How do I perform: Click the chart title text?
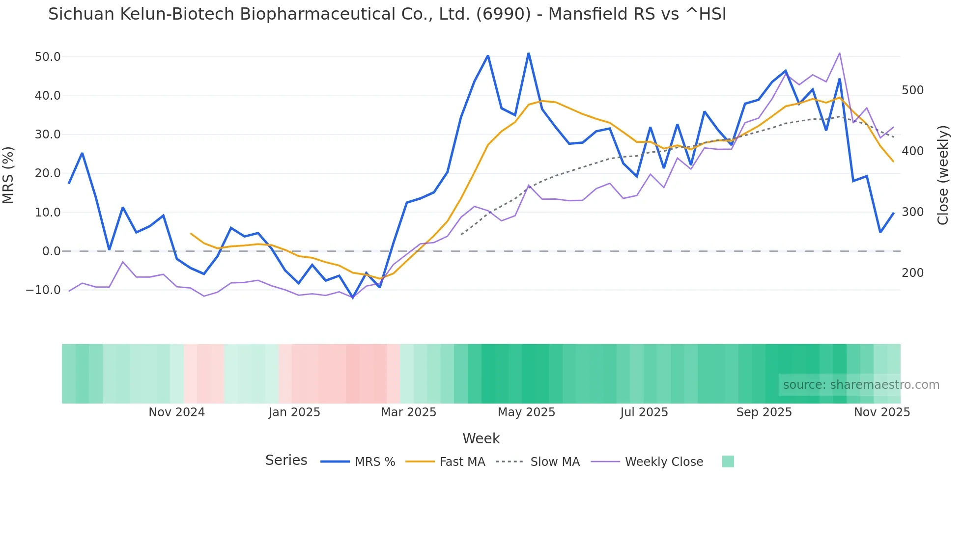tap(387, 14)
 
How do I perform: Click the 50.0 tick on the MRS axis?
tap(48, 57)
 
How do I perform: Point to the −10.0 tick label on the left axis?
tap(43, 290)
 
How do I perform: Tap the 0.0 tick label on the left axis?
tap(51, 251)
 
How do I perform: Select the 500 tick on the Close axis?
tap(912, 90)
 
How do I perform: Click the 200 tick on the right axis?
tap(912, 273)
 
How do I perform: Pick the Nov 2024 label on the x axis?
tap(176, 412)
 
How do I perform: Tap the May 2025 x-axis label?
tap(526, 412)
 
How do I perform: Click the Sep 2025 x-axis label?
tap(764, 412)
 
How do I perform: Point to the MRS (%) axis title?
tap(8, 175)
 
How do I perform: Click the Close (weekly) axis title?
tap(942, 175)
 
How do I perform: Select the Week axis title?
tap(481, 438)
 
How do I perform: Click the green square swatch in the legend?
tap(728, 461)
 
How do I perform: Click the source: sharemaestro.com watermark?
tap(861, 385)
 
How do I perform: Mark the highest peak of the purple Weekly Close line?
tap(840, 53)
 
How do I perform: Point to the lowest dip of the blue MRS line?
tap(353, 298)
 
